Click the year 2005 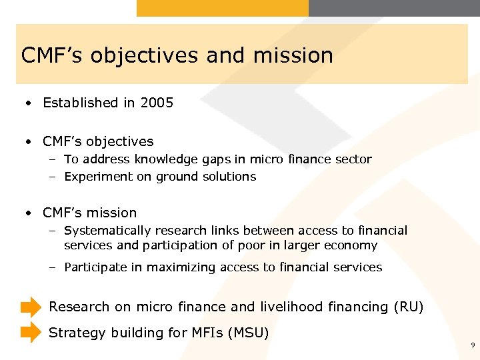tap(157, 103)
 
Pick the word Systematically tap(107, 231)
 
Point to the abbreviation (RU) tap(408, 307)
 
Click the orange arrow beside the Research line tap(31, 307)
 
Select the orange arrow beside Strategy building tap(31, 332)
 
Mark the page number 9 tap(472, 345)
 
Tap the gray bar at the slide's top tap(394, 8)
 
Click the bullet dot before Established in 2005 tap(28, 103)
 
